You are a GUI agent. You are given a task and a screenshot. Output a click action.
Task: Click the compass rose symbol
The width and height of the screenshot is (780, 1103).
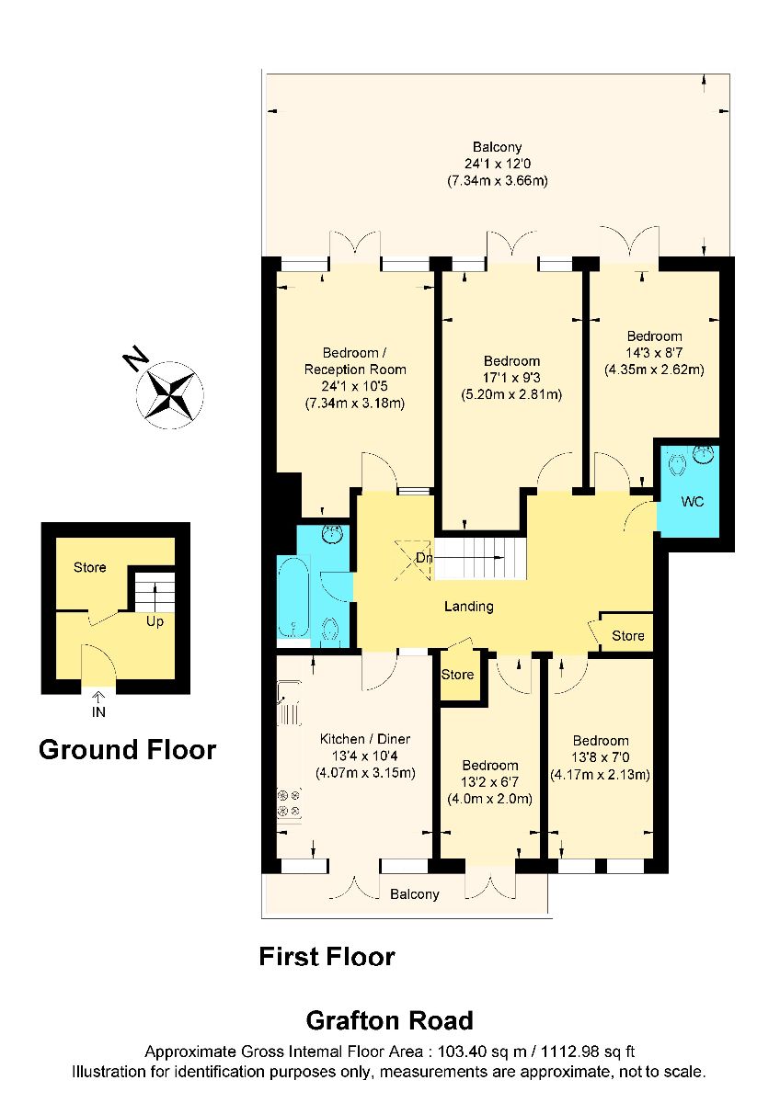point(170,394)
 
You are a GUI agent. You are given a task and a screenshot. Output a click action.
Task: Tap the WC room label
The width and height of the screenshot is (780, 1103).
point(693,502)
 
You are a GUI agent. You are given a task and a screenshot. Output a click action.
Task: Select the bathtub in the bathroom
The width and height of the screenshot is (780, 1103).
point(293,597)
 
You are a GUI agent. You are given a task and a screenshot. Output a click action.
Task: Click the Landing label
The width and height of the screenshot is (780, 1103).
point(468,606)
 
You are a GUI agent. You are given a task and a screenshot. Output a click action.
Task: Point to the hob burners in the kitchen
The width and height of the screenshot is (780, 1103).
point(289,803)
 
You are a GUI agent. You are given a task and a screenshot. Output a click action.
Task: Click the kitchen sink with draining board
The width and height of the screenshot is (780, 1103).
point(289,704)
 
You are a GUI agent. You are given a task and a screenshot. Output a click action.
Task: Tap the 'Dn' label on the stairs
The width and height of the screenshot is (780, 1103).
point(424,558)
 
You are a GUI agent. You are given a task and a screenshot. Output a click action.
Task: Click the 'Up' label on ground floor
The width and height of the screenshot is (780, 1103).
point(155,622)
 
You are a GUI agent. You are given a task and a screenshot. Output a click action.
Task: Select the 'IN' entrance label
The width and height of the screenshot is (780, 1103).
point(98,712)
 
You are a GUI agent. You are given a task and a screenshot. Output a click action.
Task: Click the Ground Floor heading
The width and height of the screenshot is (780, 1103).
point(128,750)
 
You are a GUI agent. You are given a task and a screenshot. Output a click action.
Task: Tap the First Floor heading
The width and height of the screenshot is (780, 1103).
point(327,957)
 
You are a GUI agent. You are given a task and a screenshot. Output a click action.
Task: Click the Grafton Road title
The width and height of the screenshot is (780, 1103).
point(390,1021)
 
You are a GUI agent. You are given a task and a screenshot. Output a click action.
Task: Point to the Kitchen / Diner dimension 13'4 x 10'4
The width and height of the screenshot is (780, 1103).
point(364,756)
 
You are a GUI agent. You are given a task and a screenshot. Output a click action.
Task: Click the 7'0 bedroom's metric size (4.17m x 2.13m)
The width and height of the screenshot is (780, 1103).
point(600,775)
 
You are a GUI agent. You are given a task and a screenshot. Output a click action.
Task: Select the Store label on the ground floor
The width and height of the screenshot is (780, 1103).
point(89,567)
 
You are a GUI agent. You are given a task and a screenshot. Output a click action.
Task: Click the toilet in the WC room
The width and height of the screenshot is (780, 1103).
point(678,464)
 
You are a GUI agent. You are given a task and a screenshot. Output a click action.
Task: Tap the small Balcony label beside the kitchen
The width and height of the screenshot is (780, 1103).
point(415,894)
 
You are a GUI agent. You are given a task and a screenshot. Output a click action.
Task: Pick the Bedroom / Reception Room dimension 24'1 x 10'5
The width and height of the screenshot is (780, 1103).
point(355,386)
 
